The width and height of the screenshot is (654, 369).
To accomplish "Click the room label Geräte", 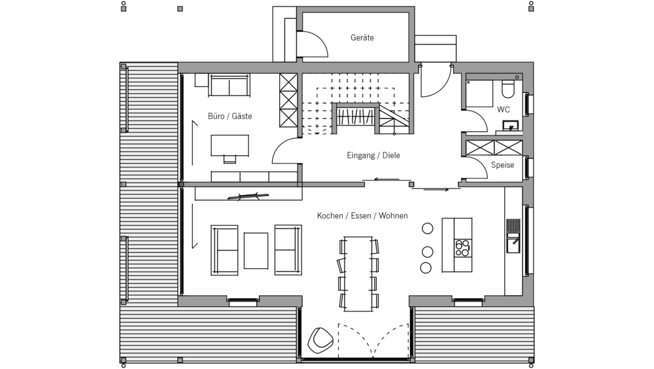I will pyautogui.click(x=362, y=38).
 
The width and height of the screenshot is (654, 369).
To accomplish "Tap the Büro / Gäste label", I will pyautogui.click(x=230, y=116).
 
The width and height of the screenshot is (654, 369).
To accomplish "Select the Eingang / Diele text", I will pyautogui.click(x=373, y=156).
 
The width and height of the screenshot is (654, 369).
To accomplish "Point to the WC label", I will pyautogui.click(x=504, y=109).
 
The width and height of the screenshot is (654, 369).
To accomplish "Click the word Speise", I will pyautogui.click(x=502, y=166).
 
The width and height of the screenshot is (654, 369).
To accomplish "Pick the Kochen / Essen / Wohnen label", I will pyautogui.click(x=362, y=215).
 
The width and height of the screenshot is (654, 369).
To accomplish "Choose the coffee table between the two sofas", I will pyautogui.click(x=256, y=250).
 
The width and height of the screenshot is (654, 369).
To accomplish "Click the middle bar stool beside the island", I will pyautogui.click(x=427, y=251).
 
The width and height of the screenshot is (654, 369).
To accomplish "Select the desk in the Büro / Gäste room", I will pyautogui.click(x=230, y=145).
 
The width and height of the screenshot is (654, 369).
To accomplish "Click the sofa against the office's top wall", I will pyautogui.click(x=230, y=85).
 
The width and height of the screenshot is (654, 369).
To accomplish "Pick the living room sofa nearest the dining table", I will pyautogui.click(x=288, y=249).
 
